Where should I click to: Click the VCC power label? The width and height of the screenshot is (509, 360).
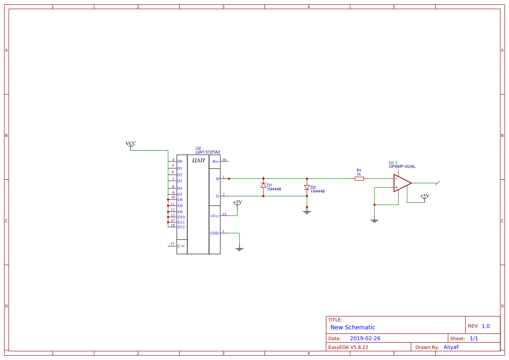pyautogui.click(x=131, y=144)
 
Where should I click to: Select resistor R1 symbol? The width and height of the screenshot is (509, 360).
pyautogui.click(x=359, y=178)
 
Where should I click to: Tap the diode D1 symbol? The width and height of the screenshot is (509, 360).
pyautogui.click(x=263, y=185)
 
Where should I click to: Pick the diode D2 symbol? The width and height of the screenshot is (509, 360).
pyautogui.click(x=307, y=187)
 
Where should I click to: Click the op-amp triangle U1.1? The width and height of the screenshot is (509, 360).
pyautogui.click(x=402, y=183)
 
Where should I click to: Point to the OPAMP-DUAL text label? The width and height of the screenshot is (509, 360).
pyautogui.click(x=402, y=166)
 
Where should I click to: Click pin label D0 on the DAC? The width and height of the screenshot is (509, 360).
pyautogui.click(x=180, y=161)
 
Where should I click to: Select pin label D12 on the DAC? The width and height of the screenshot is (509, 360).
pyautogui.click(x=181, y=227)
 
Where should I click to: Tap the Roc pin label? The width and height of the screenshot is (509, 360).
pyautogui.click(x=215, y=161)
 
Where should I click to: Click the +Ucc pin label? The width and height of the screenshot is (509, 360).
pyautogui.click(x=215, y=216)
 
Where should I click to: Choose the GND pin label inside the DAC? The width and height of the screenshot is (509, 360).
pyautogui.click(x=215, y=233)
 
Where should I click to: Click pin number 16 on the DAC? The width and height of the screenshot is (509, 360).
pyautogui.click(x=224, y=160)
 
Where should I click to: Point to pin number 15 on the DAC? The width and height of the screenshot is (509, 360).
pyautogui.click(x=172, y=244)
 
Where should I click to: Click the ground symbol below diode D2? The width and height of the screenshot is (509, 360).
pyautogui.click(x=307, y=212)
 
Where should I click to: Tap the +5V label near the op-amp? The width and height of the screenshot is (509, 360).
pyautogui.click(x=425, y=196)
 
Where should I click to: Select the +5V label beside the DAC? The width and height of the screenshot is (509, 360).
pyautogui.click(x=237, y=202)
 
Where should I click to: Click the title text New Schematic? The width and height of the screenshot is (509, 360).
pyautogui.click(x=353, y=327)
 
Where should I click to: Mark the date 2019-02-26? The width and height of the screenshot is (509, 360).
pyautogui.click(x=365, y=338)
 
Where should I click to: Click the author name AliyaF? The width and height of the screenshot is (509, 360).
pyautogui.click(x=451, y=347)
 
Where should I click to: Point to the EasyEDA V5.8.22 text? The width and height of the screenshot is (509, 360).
pyautogui.click(x=348, y=347)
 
